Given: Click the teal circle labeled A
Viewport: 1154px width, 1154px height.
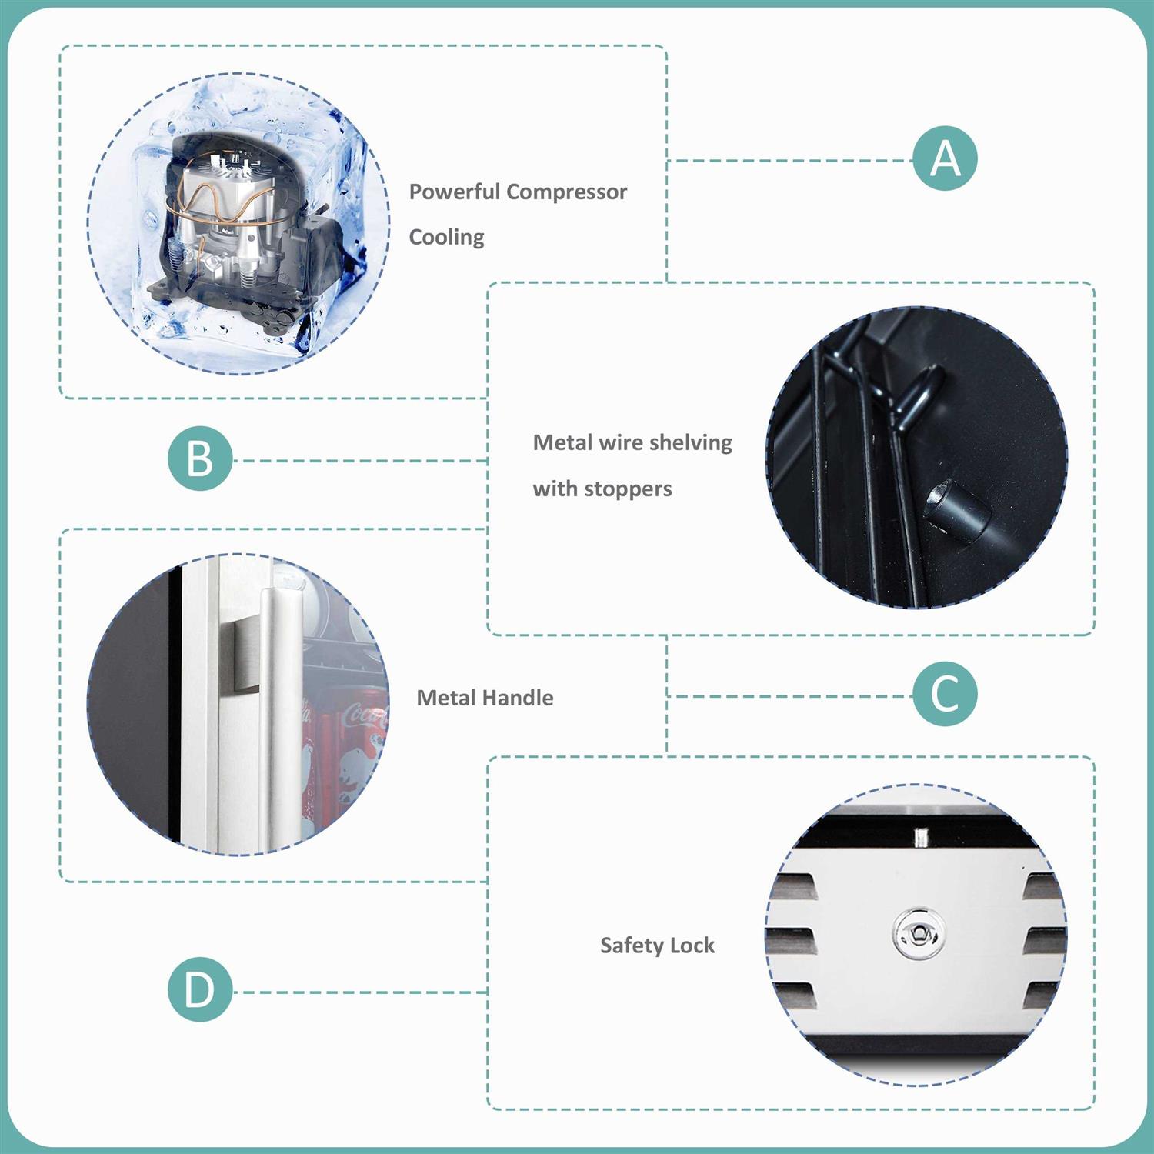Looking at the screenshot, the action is [946, 158].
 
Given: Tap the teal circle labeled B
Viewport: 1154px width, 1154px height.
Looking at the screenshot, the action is [200, 459].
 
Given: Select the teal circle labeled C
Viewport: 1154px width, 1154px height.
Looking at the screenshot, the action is [946, 693].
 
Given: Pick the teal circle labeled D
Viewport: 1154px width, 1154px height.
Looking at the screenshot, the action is [200, 989].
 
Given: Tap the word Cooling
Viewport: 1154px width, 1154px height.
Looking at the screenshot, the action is [447, 238].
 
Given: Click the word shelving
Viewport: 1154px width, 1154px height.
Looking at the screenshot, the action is [691, 443].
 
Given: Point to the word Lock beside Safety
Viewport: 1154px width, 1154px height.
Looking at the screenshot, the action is [688, 945].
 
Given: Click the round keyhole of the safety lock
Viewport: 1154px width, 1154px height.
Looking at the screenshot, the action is [917, 934].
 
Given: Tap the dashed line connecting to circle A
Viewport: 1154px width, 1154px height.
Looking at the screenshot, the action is [790, 161].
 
